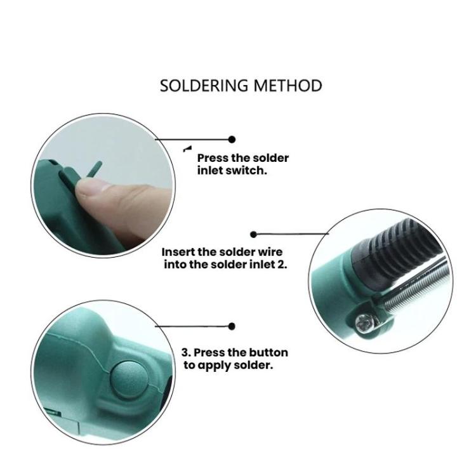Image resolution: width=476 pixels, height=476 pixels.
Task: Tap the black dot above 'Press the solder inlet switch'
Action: [232, 139]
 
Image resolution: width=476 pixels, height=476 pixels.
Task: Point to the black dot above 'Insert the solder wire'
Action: [254, 235]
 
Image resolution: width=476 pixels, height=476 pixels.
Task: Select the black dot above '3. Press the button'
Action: [232, 326]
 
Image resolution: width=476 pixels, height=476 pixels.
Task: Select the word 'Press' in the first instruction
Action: [213, 158]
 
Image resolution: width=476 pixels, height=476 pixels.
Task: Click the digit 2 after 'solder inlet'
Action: [283, 265]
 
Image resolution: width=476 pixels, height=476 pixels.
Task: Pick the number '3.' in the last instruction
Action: [186, 352]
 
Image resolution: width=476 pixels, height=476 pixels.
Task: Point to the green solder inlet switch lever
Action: [93, 169]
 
